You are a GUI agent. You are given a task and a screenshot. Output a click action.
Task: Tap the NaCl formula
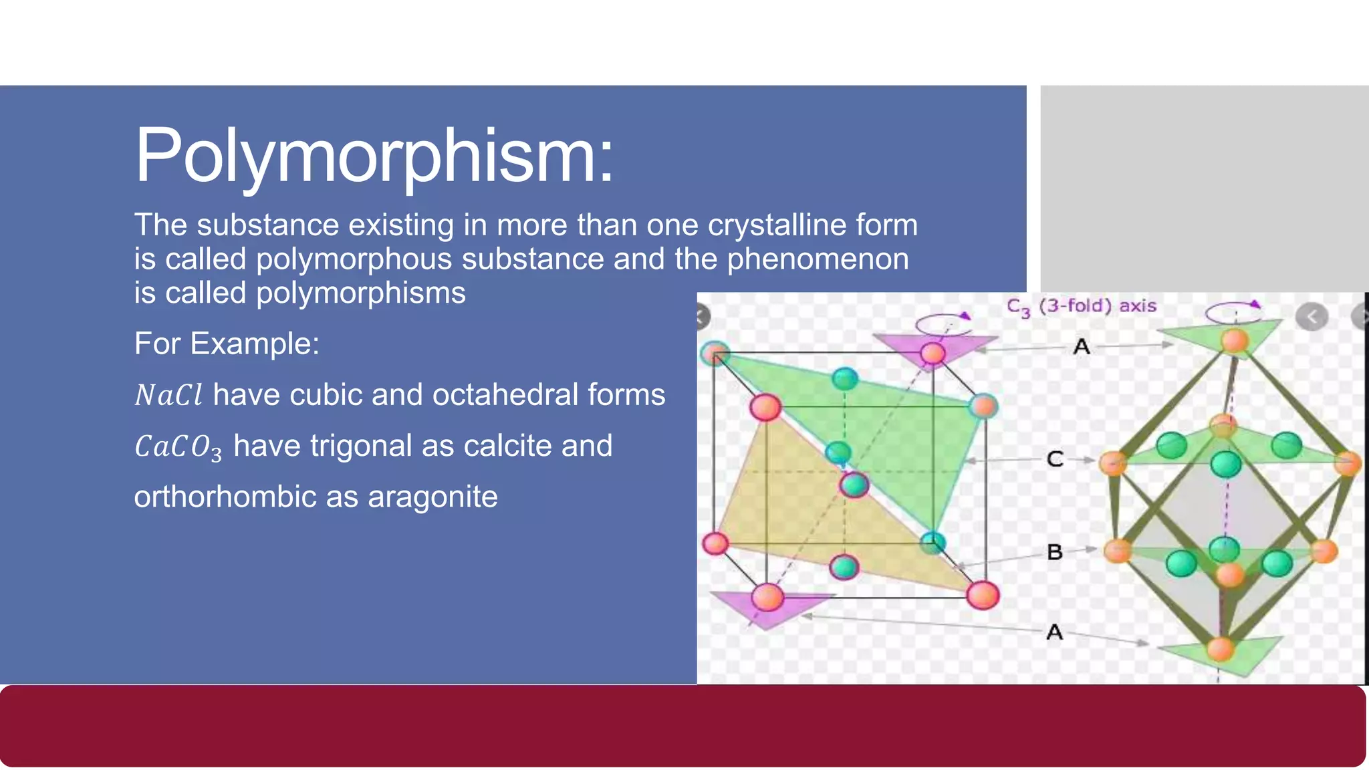(168, 395)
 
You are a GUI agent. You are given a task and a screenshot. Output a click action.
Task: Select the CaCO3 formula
(178, 446)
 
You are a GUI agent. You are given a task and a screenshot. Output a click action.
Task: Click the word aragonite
(432, 497)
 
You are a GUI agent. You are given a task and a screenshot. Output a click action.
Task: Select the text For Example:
(227, 344)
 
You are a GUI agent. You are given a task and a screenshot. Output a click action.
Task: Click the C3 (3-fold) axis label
(1081, 307)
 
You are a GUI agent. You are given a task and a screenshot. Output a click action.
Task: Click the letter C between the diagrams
(1055, 459)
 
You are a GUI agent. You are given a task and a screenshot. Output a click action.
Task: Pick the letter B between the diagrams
(1055, 552)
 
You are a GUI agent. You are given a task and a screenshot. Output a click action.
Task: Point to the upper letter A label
(1082, 347)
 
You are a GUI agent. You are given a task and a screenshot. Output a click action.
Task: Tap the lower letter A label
(1054, 632)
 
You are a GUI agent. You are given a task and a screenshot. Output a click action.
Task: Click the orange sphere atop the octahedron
(1234, 340)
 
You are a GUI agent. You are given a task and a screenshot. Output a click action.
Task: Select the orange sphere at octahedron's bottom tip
(1221, 648)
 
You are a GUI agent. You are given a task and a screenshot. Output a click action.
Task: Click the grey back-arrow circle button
(1312, 317)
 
